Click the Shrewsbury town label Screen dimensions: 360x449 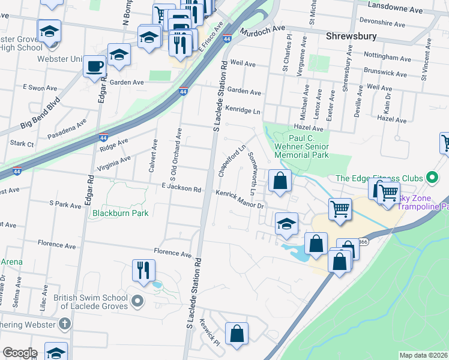coord(351,36)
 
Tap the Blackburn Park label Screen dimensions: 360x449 coord(119,212)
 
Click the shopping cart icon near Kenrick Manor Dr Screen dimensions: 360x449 coord(339,209)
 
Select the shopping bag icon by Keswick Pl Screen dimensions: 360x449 coord(237,334)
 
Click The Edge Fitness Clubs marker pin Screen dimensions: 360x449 coord(430,178)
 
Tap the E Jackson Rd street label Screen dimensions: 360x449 coord(181,188)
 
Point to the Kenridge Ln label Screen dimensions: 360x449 coord(243,110)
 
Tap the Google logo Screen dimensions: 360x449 coord(20,353)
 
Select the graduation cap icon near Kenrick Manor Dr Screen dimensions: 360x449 coord(287,224)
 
